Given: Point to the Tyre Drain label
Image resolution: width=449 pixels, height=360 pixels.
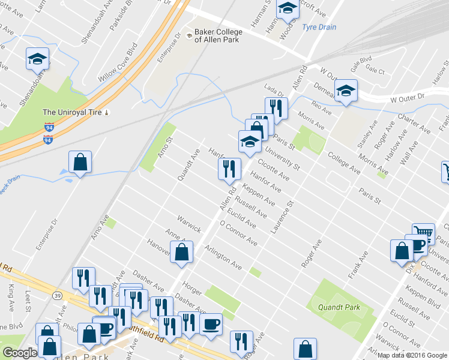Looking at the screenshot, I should point(319,27).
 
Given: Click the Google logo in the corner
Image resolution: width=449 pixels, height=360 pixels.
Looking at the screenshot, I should point(20,352).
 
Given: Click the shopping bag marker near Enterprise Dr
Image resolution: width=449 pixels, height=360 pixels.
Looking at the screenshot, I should point(80,162).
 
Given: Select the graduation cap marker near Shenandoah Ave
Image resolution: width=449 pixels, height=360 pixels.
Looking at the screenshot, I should point(37,59).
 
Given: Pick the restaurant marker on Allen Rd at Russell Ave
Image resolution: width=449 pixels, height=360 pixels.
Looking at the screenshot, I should point(229,168).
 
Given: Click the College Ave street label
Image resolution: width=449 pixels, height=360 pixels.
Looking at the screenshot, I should point(344,163).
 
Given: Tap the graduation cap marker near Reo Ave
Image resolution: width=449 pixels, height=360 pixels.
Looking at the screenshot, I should point(346,91).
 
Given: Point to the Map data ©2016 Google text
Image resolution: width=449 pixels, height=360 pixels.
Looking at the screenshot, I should point(412,355).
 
